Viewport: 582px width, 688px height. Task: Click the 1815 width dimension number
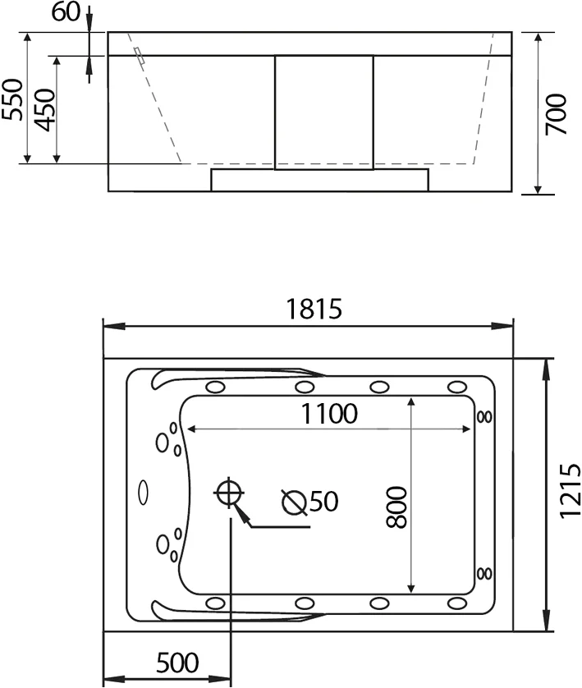(314, 309)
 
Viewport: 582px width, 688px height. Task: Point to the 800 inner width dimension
(396, 507)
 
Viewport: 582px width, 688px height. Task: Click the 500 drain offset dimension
(176, 661)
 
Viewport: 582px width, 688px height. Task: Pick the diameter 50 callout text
(310, 501)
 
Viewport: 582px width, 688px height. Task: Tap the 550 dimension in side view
(12, 99)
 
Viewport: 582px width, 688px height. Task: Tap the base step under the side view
(320, 180)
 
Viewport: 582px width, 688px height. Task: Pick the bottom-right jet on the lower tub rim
(456, 603)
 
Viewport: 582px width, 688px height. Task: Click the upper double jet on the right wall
(484, 417)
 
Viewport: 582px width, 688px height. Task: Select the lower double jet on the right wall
(484, 572)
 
